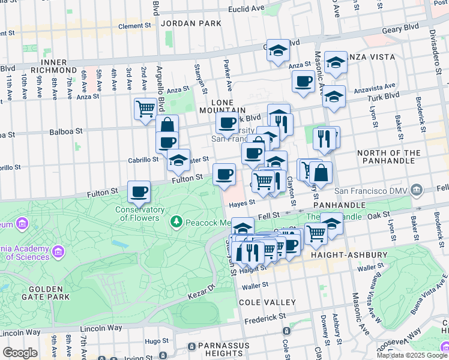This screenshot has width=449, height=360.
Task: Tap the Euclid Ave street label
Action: click(246, 10)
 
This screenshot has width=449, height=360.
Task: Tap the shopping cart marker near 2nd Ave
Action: click(145, 109)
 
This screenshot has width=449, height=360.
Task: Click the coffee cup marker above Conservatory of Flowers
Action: click(139, 191)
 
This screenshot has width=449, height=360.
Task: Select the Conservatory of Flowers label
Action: click(140, 214)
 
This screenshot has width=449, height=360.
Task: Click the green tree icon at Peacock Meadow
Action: click(176, 223)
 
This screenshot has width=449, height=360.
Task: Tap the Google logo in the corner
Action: click(20, 353)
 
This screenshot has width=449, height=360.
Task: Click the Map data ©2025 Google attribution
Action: click(412, 355)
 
